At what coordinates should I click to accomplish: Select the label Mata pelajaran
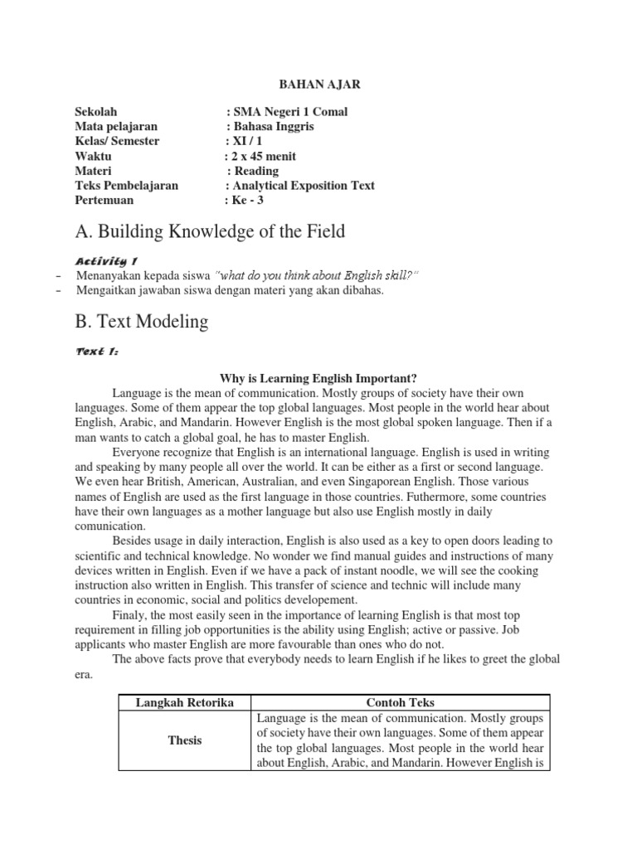click(x=116, y=126)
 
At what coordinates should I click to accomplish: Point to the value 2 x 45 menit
click(x=260, y=156)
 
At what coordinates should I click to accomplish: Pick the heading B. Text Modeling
click(x=141, y=321)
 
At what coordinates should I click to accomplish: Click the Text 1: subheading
click(x=97, y=352)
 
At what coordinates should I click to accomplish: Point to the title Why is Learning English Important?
click(x=318, y=377)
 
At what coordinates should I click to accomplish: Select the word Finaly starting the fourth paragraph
click(x=130, y=614)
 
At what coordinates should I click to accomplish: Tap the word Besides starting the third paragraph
click(x=134, y=541)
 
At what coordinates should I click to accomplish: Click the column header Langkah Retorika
click(x=184, y=702)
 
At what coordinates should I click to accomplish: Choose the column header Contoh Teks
click(x=400, y=702)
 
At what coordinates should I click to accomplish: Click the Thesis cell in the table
click(x=184, y=740)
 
